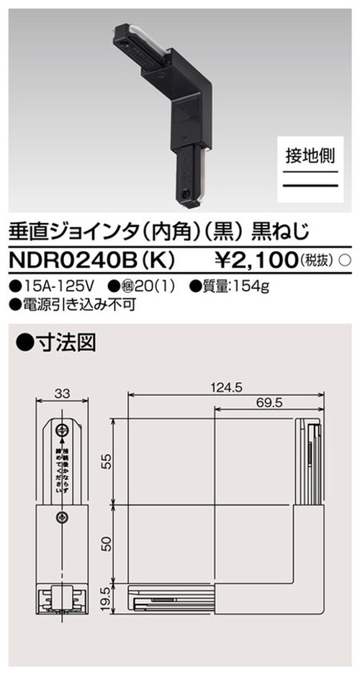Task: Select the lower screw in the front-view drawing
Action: pos(63,517)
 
